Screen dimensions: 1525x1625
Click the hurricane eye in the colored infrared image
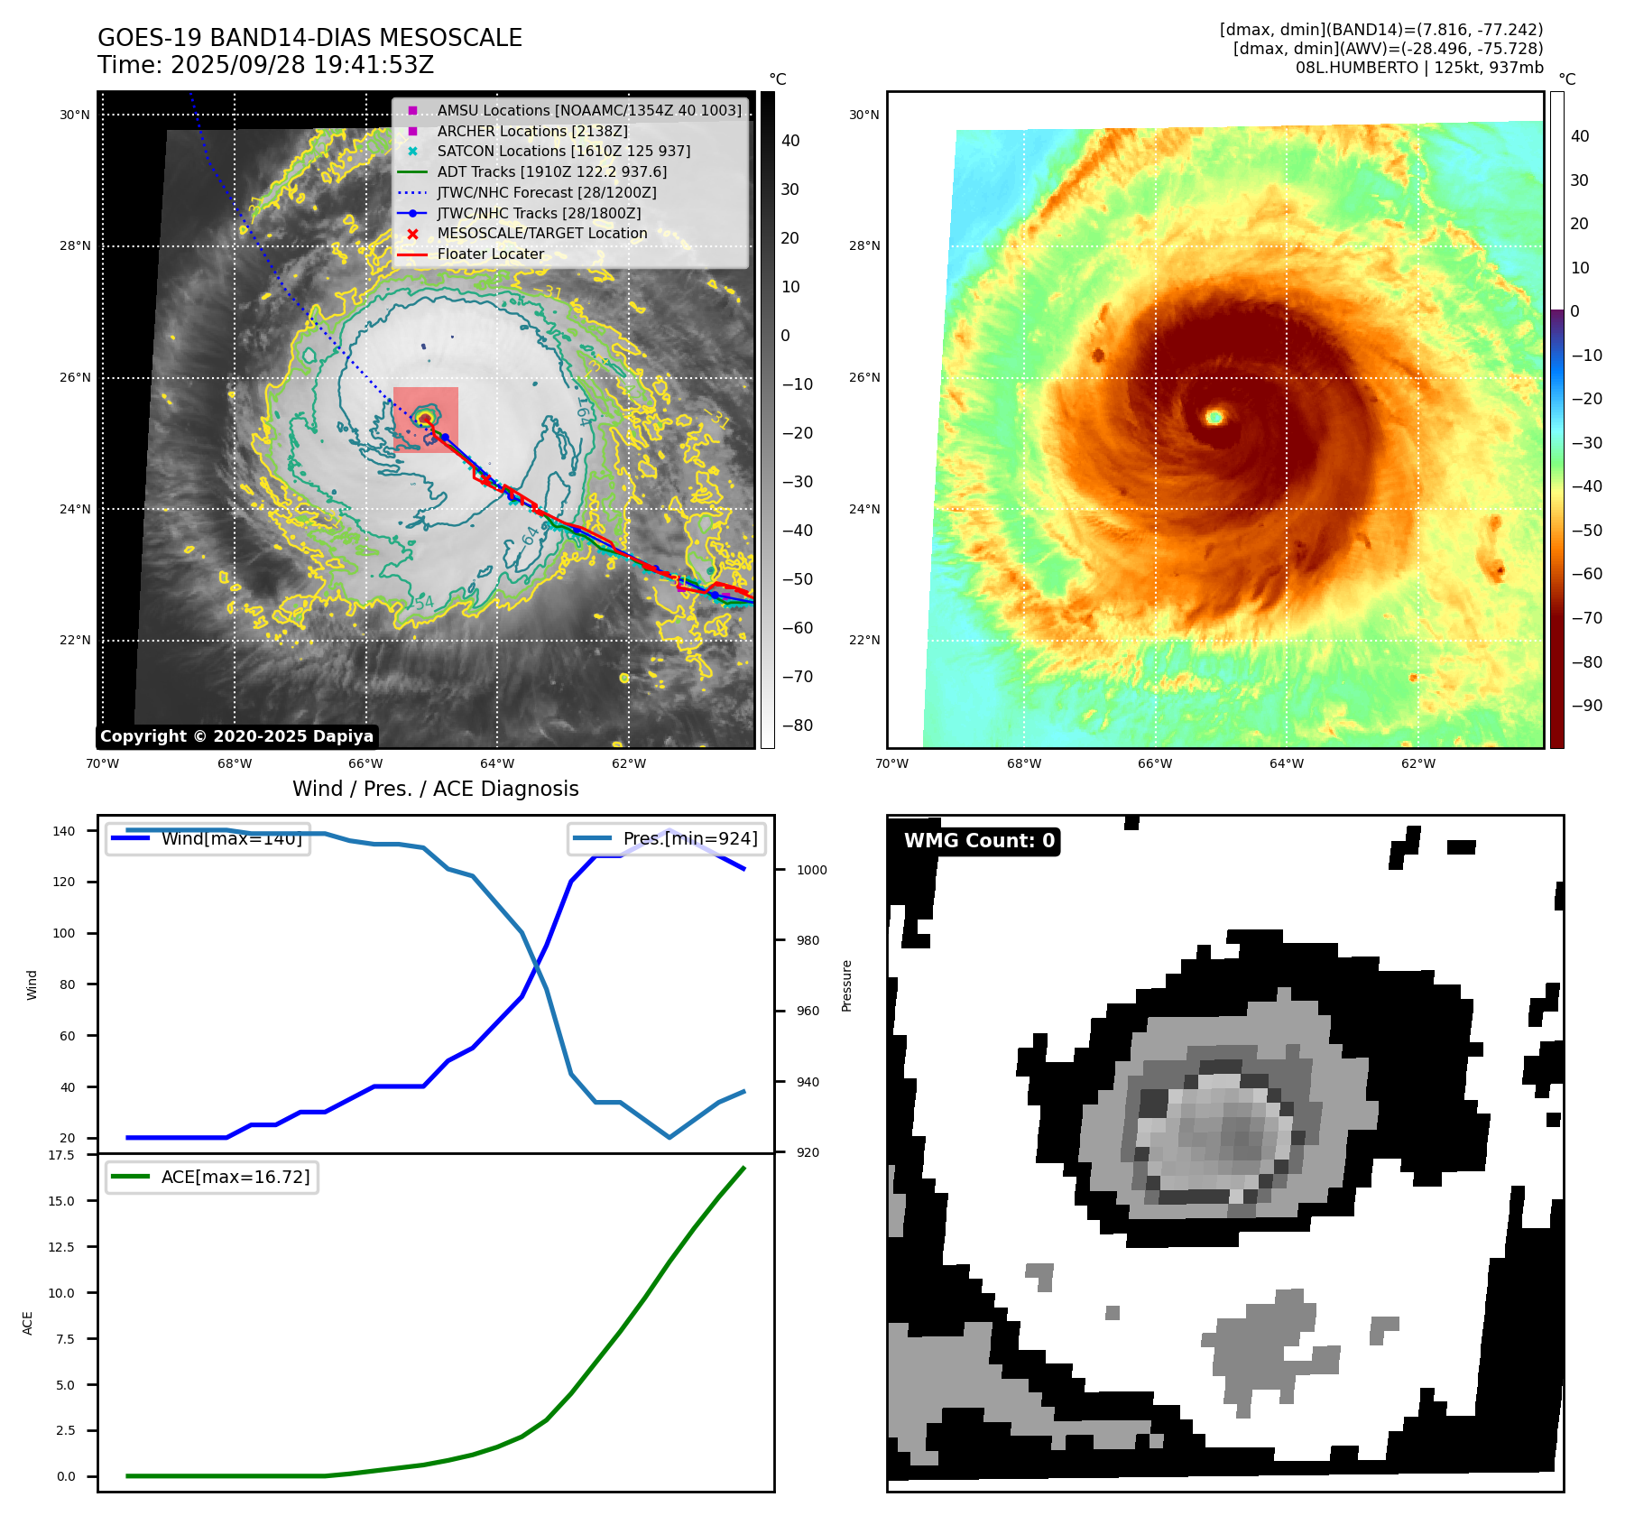tap(1214, 416)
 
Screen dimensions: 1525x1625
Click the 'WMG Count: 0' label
tap(979, 841)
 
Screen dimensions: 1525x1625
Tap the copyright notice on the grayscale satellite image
tap(236, 736)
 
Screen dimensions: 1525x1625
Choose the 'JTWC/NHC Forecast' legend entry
tap(546, 192)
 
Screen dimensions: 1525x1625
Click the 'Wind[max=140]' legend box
tap(208, 839)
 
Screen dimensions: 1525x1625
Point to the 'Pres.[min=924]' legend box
tap(667, 839)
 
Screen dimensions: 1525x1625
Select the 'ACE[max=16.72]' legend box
tap(212, 1177)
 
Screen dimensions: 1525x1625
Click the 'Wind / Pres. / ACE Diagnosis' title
tap(435, 789)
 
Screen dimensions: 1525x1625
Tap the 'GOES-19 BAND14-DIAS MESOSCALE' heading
tap(309, 38)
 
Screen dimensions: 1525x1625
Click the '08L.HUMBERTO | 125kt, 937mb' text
tap(1418, 68)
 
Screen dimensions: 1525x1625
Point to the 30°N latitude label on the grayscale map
tap(75, 115)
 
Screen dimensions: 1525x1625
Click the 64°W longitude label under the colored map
tap(1286, 763)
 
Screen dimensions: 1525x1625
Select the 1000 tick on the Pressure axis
tap(811, 870)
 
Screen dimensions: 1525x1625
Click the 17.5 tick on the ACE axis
tap(61, 1155)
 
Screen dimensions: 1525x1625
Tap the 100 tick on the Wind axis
tap(64, 933)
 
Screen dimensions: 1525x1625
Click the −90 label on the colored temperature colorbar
tap(1586, 706)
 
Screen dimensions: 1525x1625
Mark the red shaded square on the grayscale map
tap(426, 420)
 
